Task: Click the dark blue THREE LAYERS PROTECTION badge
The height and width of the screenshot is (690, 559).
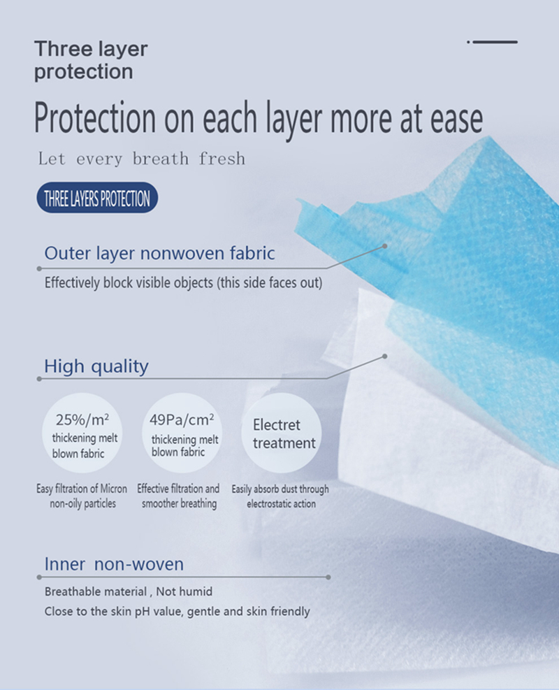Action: (97, 198)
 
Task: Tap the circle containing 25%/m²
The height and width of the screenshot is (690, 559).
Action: (82, 433)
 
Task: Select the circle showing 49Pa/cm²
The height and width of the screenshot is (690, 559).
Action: (182, 433)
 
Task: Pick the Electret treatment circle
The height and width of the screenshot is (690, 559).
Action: (282, 433)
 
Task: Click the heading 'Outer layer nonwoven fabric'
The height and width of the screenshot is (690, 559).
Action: (159, 253)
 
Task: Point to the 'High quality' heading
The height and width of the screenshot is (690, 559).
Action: (96, 366)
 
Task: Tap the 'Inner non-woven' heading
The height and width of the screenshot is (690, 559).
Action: (114, 564)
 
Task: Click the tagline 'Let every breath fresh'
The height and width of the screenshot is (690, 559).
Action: (142, 159)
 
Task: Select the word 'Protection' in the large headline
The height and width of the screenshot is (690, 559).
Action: (95, 117)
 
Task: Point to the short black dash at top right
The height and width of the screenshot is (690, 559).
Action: (492, 42)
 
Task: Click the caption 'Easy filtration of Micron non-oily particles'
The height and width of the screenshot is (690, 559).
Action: (82, 496)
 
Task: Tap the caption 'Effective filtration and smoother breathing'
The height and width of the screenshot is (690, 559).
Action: (179, 496)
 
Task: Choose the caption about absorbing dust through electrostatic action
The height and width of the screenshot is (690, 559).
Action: (281, 496)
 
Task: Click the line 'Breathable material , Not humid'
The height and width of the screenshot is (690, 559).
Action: (129, 591)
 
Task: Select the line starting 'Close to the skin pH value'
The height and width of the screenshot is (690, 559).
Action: (177, 611)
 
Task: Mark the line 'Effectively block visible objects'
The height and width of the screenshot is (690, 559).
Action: (183, 282)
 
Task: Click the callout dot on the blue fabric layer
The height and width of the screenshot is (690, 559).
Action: (385, 246)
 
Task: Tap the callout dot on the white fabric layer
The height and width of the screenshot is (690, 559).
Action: (385, 356)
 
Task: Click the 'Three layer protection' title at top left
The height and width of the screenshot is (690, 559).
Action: (91, 60)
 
